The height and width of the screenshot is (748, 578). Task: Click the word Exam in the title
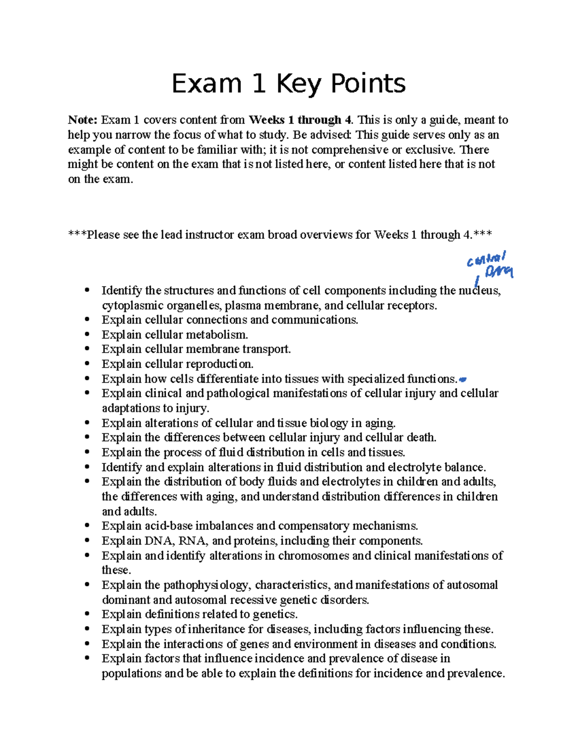(x=206, y=84)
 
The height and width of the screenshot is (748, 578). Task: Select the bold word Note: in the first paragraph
(x=83, y=120)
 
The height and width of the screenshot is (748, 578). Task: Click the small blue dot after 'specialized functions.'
(x=463, y=379)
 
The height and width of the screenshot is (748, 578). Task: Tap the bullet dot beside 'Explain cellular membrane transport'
(x=87, y=349)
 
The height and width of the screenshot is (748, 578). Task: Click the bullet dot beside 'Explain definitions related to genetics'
(x=87, y=615)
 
